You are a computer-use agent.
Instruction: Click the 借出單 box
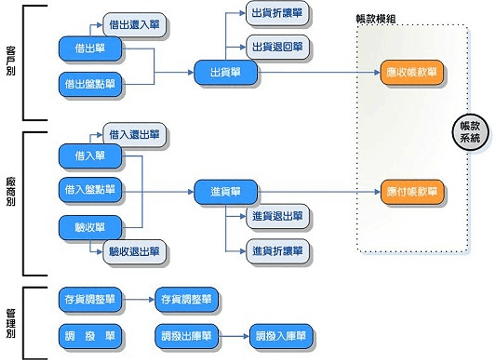[x=90, y=49]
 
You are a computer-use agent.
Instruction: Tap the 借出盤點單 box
[x=90, y=84]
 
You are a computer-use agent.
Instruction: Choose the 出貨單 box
[x=226, y=72]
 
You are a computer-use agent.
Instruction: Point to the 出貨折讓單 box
[x=277, y=13]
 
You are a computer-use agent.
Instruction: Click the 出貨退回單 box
[x=277, y=47]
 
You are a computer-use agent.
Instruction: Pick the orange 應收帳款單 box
[x=412, y=72]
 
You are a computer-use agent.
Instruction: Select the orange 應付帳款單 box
[x=412, y=192]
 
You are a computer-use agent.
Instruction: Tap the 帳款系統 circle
[x=470, y=132]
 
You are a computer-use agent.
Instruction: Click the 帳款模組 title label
[x=376, y=19]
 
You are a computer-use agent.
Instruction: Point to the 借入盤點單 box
[x=90, y=190]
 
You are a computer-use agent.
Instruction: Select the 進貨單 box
[x=226, y=192]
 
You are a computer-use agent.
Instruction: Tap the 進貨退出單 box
[x=277, y=216]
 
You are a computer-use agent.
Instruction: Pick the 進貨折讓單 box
[x=277, y=251]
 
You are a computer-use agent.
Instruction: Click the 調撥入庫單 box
[x=281, y=336]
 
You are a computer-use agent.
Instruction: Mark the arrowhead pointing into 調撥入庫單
[x=246, y=336]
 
